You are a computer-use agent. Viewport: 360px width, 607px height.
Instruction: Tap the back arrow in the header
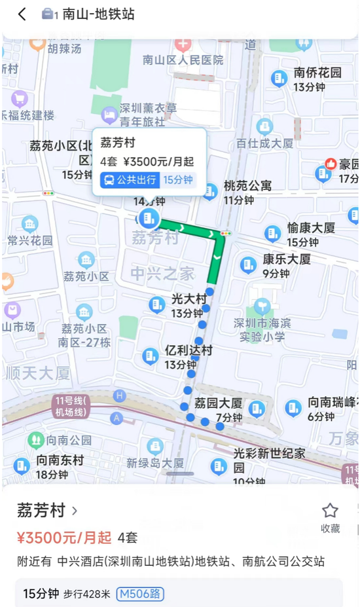22,14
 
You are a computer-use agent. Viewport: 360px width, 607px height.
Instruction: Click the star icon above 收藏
330,511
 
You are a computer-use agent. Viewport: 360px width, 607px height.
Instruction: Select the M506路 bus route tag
140,594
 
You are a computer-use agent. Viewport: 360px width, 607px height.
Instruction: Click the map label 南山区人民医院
183,60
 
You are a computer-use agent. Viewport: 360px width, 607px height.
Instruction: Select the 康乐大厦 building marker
248,265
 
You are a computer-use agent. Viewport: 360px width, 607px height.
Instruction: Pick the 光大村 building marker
157,304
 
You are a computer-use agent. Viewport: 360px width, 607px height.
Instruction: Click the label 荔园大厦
219,403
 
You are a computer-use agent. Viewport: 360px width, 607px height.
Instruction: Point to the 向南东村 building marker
22,466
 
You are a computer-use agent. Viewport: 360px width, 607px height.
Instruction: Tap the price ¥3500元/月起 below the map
64,538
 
